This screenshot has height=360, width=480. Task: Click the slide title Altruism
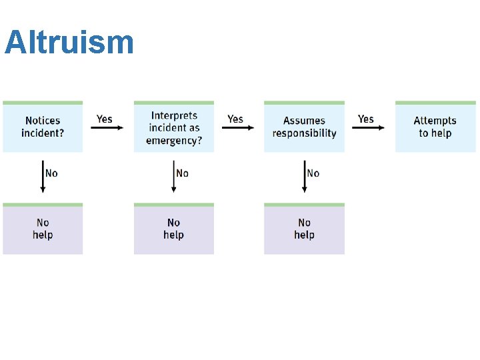[x=69, y=43]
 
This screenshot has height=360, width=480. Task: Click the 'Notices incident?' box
[x=43, y=127]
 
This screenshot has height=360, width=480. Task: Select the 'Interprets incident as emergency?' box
[x=174, y=127]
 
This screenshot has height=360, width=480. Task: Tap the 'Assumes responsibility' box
[x=304, y=127]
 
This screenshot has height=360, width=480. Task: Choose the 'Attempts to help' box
[x=435, y=127]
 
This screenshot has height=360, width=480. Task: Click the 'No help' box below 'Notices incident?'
[x=43, y=229]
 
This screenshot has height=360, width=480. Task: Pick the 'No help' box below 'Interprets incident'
[x=174, y=229]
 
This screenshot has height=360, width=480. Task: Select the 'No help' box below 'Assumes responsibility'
[x=304, y=229]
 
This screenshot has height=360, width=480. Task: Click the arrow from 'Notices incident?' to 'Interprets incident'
[x=107, y=128]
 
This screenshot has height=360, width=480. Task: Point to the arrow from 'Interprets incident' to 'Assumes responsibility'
[x=238, y=128]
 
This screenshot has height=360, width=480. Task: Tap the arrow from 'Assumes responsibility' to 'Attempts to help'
[x=369, y=128]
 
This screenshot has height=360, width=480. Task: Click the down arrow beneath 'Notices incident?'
[x=43, y=177]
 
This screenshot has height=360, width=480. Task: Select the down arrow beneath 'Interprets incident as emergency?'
[x=174, y=177]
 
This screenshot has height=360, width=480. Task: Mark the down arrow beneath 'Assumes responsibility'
[x=305, y=177]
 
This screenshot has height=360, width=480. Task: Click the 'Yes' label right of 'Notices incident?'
[x=105, y=119]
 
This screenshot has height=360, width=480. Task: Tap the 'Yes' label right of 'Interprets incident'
[x=235, y=119]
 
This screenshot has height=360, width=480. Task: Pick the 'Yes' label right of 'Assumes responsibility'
[x=366, y=119]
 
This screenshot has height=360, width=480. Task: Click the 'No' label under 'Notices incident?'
[x=51, y=173]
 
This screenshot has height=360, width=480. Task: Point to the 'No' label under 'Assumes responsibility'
[x=313, y=173]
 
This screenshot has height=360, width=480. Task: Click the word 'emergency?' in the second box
[x=174, y=140]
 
